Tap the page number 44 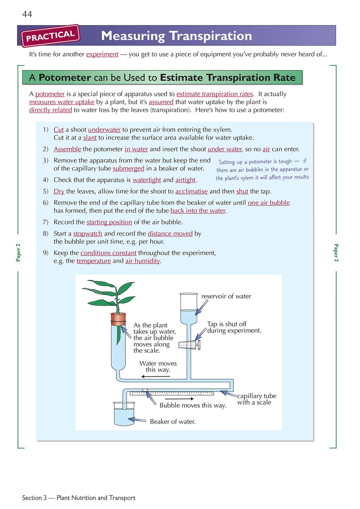pos(27,14)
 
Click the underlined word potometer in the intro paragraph pos(50,94)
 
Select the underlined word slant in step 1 pos(90,138)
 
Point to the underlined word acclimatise pos(191,191)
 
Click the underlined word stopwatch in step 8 pos(88,234)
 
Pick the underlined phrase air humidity pos(142,261)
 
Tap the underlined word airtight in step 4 pos(185,180)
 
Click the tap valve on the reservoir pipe pos(190,345)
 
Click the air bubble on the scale pos(145,390)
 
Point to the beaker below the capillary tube pos(124,414)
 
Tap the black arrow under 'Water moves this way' pos(155,376)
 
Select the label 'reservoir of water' pos(226,296)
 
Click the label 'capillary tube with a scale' pos(256,399)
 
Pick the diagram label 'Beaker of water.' pos(172,422)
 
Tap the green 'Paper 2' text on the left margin pos(18,253)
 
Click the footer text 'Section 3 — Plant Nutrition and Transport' pos(79,498)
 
